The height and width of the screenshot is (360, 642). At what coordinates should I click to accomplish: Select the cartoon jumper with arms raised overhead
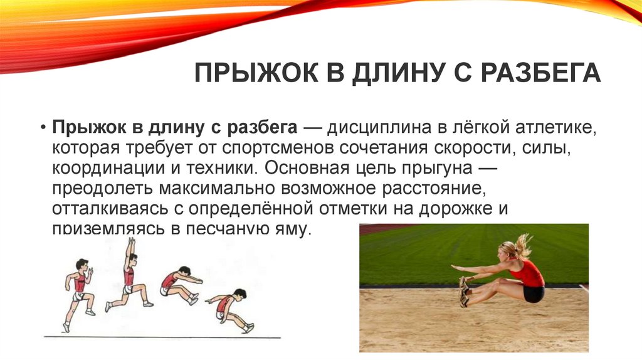coord(129,276)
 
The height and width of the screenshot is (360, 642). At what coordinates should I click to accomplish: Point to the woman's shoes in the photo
coord(463,292)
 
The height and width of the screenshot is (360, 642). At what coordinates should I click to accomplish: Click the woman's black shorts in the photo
coord(534,294)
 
